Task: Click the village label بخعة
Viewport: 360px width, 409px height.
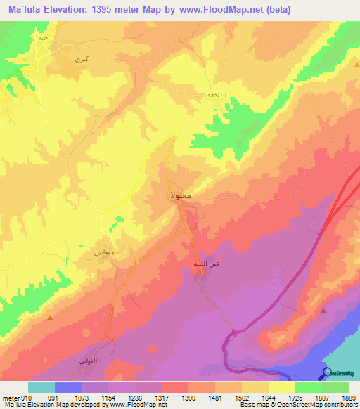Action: tap(213, 95)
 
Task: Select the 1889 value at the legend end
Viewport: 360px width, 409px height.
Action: tap(340, 397)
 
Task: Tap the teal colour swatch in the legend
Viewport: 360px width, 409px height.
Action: tap(41, 387)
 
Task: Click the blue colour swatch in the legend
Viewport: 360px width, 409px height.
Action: tap(67, 387)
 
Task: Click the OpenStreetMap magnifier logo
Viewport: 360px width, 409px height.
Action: tap(326, 373)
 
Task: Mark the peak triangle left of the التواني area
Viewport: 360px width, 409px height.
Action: tap(50, 318)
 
